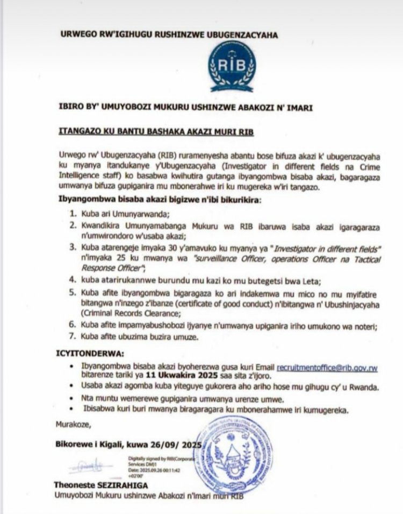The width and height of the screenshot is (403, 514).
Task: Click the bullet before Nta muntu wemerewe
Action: pyautogui.click(x=74, y=399)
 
